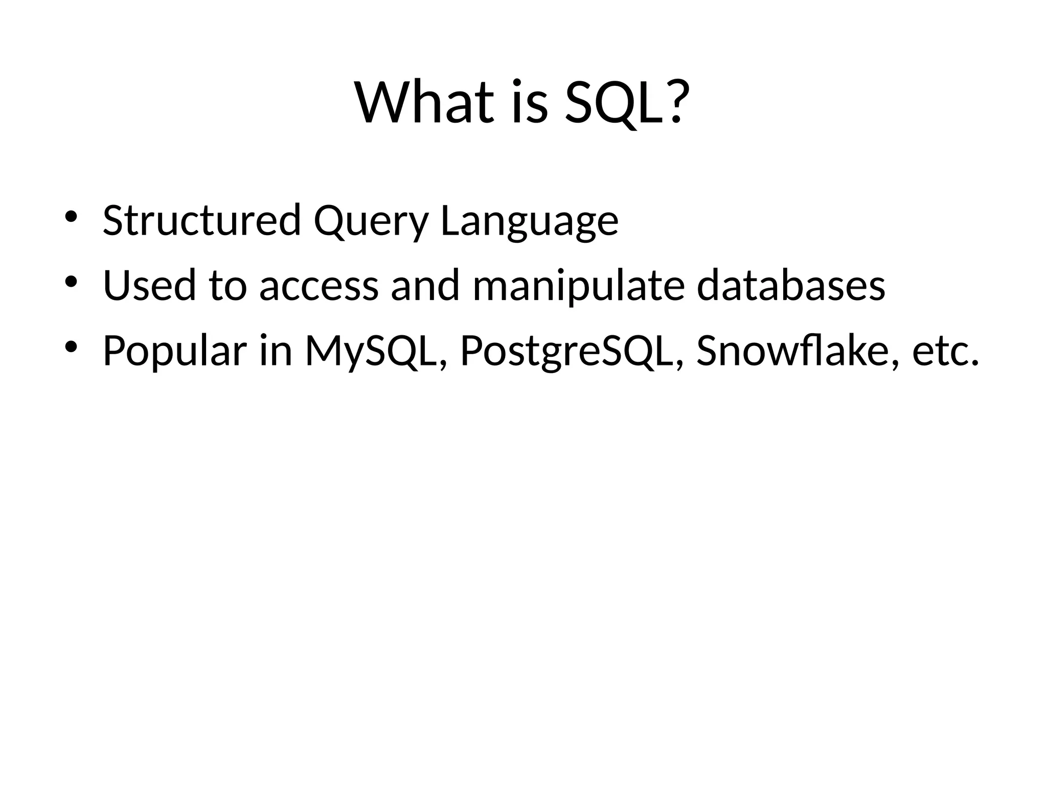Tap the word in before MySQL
coord(276,351)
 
